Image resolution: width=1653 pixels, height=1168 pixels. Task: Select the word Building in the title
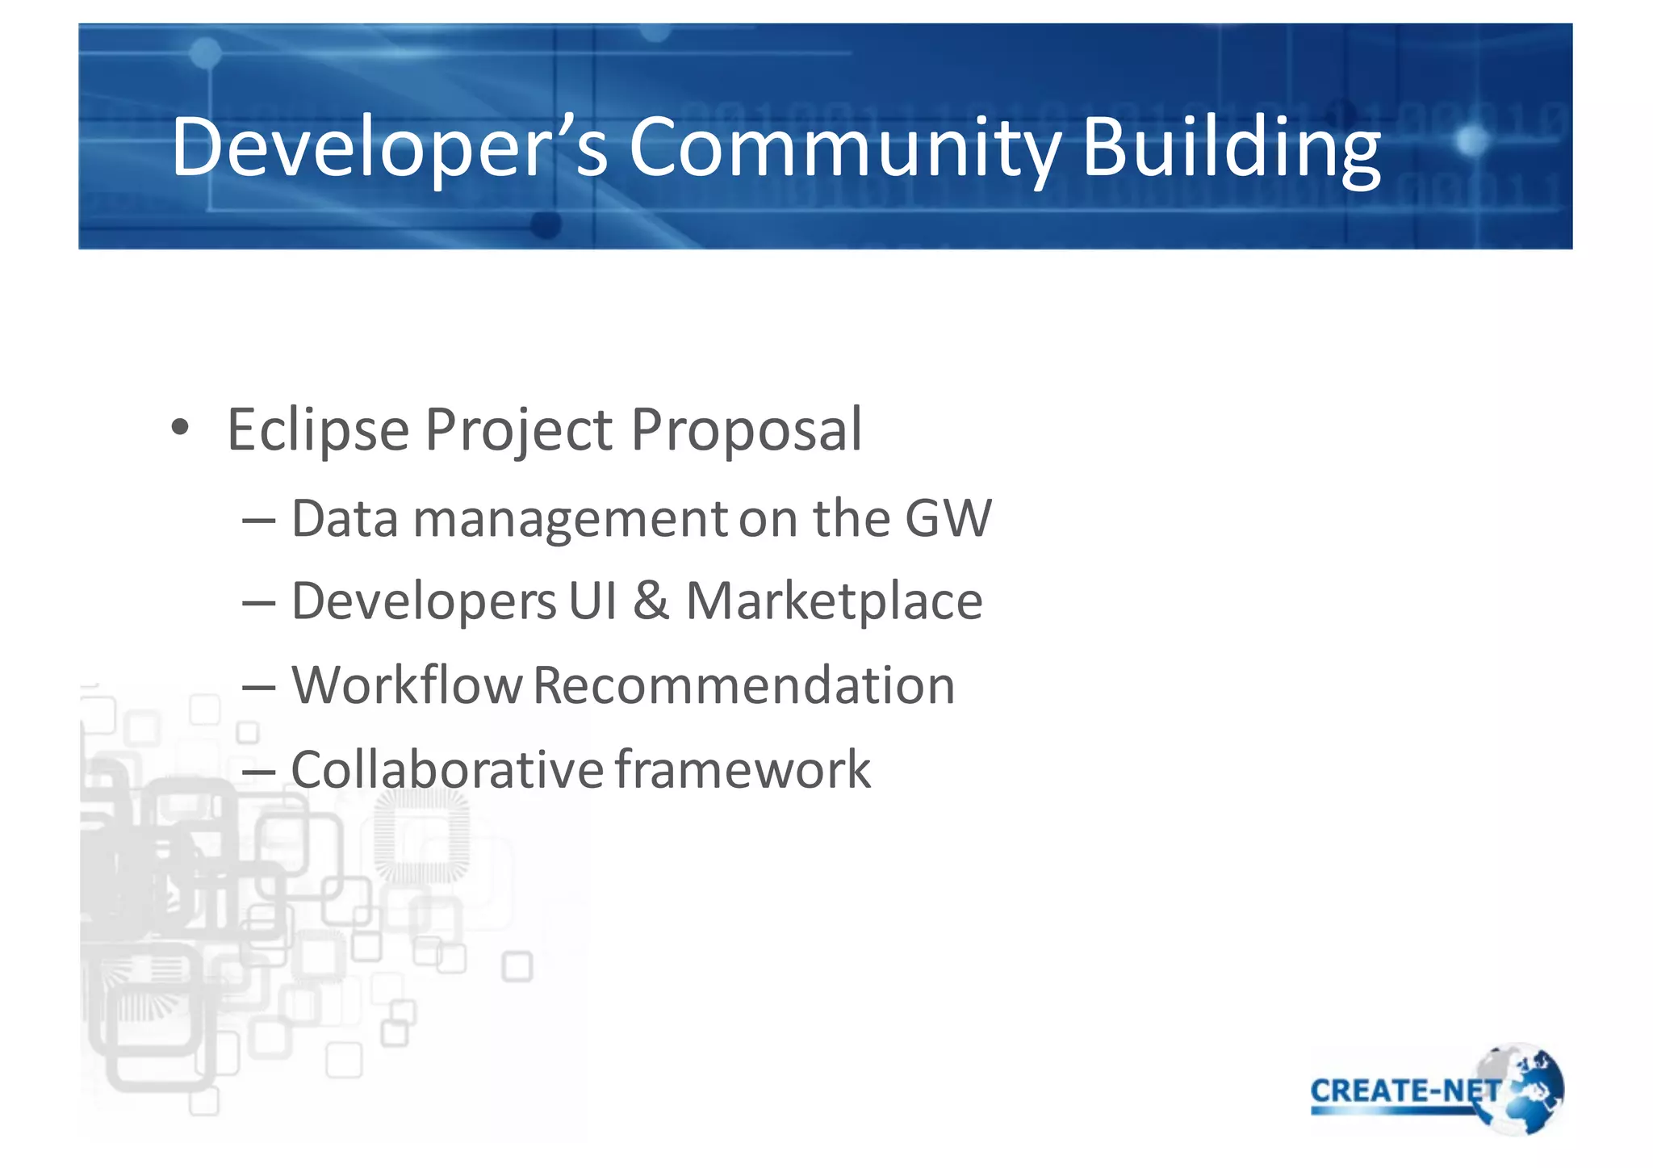[x=1231, y=147]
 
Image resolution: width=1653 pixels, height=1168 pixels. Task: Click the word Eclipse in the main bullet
[x=317, y=430]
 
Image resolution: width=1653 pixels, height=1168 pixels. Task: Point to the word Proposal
[x=746, y=430]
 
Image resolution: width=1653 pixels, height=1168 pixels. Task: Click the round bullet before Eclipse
[x=180, y=427]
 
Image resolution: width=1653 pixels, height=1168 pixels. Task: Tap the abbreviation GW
[x=948, y=518]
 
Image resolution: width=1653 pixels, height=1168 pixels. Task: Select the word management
[x=570, y=520]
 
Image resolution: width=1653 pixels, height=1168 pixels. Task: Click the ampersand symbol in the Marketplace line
[x=651, y=601]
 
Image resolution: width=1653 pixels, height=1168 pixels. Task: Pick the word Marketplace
[x=834, y=601]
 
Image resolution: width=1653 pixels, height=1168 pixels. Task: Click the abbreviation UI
[x=592, y=601]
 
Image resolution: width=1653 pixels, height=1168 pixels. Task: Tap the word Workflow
[x=407, y=685]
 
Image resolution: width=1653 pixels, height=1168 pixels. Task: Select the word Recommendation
[x=743, y=685]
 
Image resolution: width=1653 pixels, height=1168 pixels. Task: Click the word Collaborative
[x=446, y=769]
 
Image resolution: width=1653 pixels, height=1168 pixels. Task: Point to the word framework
[x=743, y=769]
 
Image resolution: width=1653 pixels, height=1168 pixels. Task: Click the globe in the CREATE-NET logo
[x=1528, y=1090]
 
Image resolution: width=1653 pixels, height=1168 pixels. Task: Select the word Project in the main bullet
[x=518, y=430]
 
